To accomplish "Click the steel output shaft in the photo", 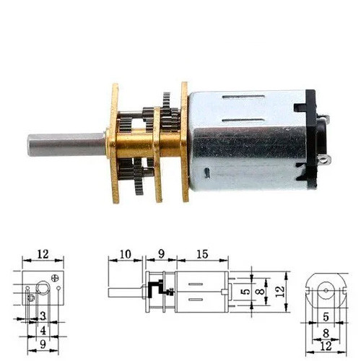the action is click(66, 145).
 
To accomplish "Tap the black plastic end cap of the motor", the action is click(310, 139).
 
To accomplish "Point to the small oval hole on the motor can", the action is click(207, 173).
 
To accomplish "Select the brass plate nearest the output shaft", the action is click(114, 144).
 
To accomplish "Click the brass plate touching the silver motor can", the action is click(185, 142).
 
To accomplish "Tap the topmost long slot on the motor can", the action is click(243, 97).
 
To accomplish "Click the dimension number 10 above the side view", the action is click(125, 254).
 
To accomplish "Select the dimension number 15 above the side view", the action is click(202, 254).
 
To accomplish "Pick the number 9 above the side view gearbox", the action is click(161, 254).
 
